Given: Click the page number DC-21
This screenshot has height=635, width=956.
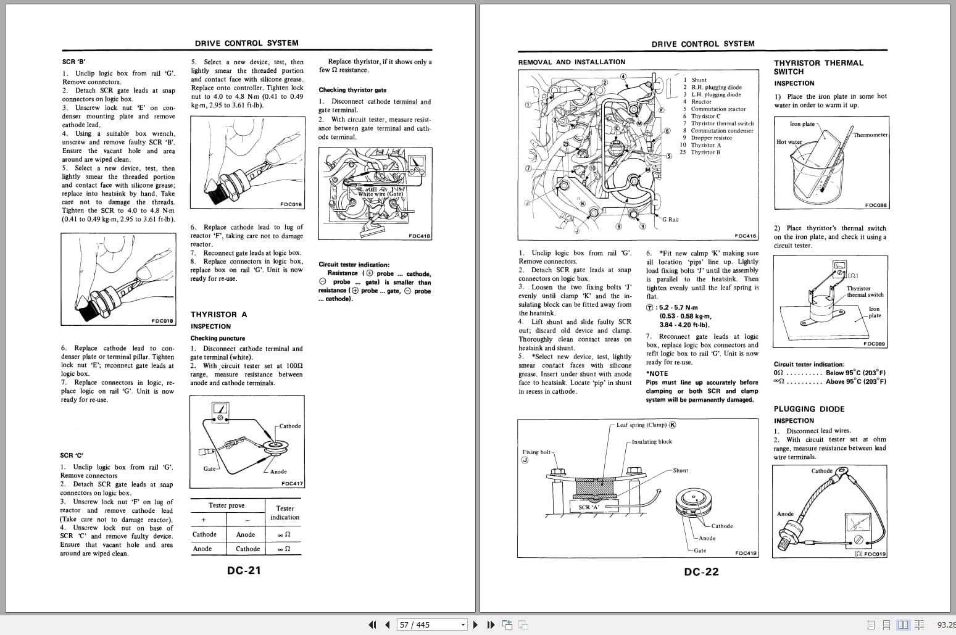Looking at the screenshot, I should pos(244,571).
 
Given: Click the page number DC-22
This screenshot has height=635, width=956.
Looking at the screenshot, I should pos(701,572).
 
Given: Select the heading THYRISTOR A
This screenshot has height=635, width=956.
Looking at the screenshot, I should pos(218,315).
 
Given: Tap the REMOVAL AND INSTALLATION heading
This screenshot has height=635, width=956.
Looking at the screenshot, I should pos(572,62).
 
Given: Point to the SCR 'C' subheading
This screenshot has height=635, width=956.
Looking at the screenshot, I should pos(72,455).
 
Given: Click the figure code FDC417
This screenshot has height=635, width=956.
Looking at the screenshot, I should pos(292,484).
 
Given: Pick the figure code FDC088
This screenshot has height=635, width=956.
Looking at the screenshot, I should pos(875,205).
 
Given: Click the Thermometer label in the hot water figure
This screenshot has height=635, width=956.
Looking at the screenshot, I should pos(870,135).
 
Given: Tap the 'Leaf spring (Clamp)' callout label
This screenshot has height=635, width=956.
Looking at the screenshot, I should pos(642,425).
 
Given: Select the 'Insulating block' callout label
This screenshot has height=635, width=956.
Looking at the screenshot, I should pos(652,442).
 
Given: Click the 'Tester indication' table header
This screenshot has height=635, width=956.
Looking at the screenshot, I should pos(284,513).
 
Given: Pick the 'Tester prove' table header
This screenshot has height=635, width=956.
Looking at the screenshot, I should pos(227,505).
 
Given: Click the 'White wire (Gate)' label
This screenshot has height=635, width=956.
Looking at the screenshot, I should pos(380,194).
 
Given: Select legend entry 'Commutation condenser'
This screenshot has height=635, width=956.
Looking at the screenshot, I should pos(721,131).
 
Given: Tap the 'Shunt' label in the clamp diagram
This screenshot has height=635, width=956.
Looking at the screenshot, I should pos(680,471).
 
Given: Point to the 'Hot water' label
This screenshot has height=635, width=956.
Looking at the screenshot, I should pos(789,142).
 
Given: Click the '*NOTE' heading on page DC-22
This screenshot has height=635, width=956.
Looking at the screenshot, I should pos(657,373).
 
